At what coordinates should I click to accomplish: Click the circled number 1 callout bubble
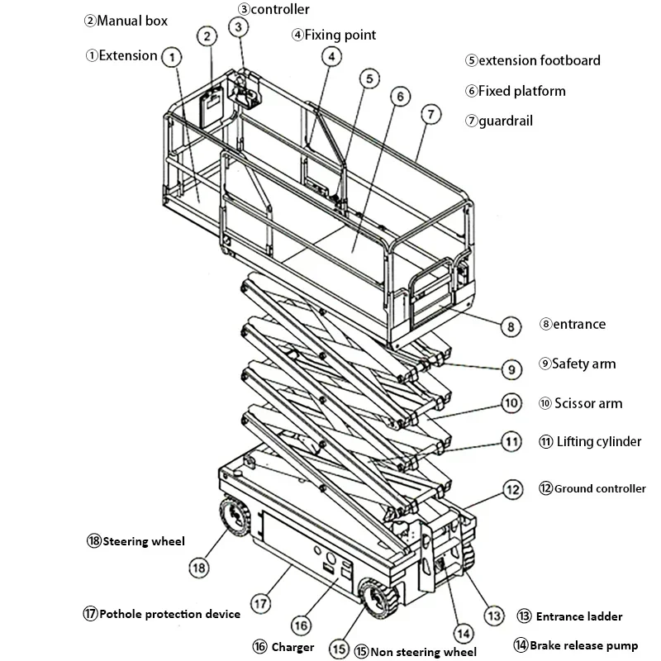tap(171, 57)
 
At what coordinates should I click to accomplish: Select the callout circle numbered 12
tap(513, 490)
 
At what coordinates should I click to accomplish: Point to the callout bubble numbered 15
tap(338, 648)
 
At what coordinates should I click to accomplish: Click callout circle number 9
tap(511, 368)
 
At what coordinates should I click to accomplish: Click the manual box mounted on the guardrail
tap(212, 106)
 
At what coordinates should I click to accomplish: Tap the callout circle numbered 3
tap(239, 27)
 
